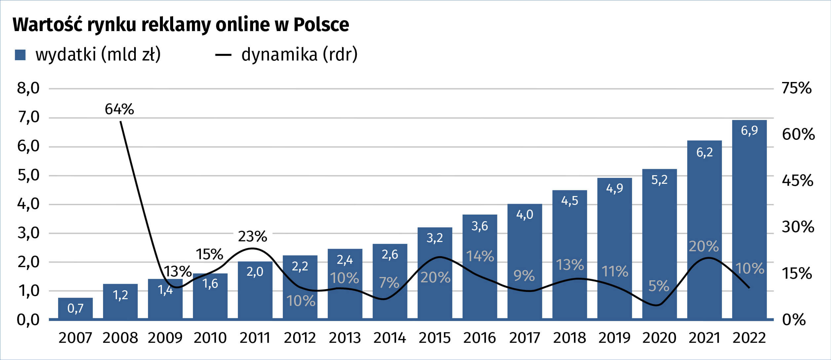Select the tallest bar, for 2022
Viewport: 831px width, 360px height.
click(x=749, y=218)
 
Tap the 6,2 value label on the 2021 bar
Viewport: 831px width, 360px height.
click(x=704, y=152)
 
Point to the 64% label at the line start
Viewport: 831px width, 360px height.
click(x=119, y=109)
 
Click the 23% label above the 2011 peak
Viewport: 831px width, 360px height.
click(x=252, y=237)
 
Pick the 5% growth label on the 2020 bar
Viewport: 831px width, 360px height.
click(x=659, y=286)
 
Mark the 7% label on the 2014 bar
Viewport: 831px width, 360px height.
click(x=389, y=283)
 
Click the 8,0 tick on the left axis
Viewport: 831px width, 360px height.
click(x=28, y=88)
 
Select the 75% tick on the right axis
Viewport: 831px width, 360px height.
click(x=797, y=88)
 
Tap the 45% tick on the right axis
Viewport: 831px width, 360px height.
click(x=797, y=180)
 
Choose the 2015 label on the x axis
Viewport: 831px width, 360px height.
click(x=434, y=338)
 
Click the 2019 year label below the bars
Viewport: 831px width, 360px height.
click(x=614, y=338)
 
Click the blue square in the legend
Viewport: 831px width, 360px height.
click(x=20, y=55)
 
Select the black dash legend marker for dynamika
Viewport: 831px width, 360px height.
click(x=223, y=55)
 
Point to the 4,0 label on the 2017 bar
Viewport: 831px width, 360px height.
click(x=525, y=215)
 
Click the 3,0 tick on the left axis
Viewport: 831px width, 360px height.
click(x=28, y=233)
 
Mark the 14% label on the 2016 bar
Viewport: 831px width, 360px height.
click(x=480, y=257)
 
